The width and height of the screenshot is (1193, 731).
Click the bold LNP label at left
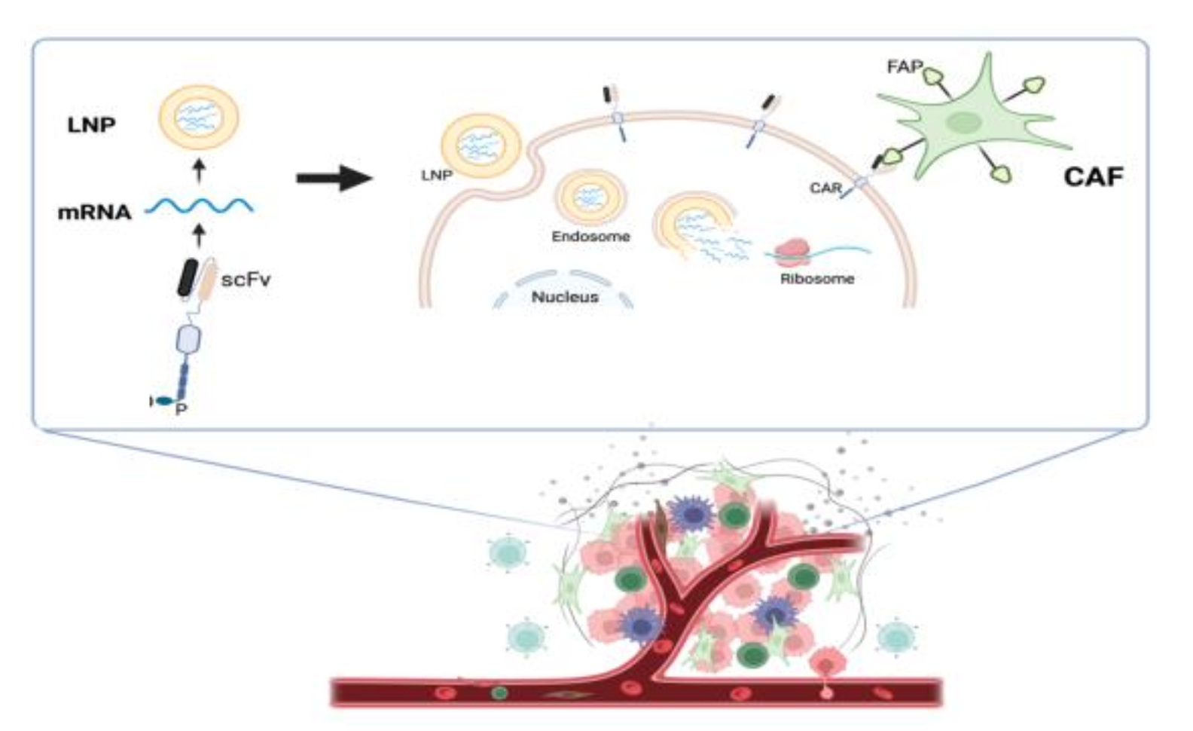(92, 125)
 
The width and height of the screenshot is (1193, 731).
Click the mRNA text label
(95, 213)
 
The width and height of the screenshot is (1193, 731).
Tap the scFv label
(246, 280)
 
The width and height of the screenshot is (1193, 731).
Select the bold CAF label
(1093, 177)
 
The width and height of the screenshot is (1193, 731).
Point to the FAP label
(905, 66)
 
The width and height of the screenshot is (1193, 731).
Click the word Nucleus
(565, 297)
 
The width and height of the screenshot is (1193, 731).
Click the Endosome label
(590, 237)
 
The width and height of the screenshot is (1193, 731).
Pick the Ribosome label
(817, 279)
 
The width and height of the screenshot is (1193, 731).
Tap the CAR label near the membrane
(825, 188)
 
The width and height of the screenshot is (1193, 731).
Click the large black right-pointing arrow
(334, 179)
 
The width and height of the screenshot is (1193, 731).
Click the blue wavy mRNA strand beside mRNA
(199, 205)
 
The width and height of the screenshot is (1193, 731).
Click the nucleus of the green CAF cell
(961, 122)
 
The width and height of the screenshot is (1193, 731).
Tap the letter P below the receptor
(181, 409)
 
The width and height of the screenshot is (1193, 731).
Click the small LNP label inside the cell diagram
(437, 176)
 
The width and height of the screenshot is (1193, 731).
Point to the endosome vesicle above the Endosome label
(590, 198)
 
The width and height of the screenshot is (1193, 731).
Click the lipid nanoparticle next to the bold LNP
(198, 118)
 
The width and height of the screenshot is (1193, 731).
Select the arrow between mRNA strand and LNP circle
(199, 170)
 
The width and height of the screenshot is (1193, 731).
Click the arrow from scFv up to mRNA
(199, 237)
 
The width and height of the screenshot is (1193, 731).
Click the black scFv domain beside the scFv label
(188, 277)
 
